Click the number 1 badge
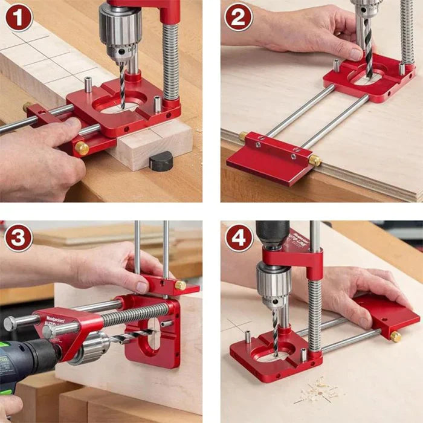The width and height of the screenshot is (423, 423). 18,18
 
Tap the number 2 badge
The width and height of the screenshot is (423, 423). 238,18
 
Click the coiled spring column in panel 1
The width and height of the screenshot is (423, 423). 170,60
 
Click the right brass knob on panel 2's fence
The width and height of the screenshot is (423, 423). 314,161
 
